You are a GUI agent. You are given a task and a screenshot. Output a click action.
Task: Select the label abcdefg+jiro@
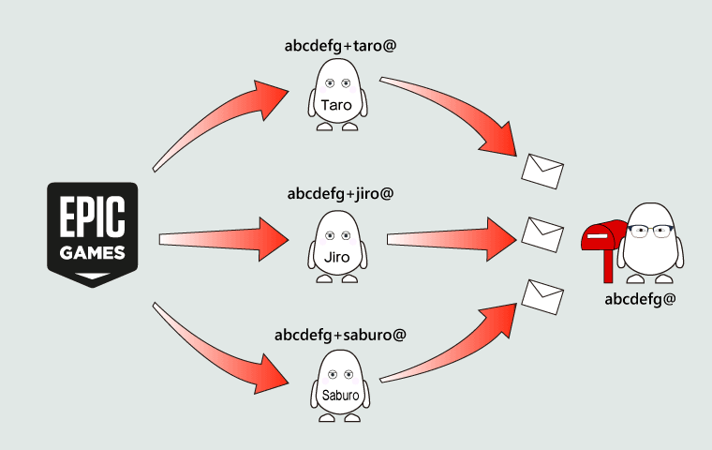pos(340,194)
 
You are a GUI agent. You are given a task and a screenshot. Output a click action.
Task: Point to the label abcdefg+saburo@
pos(340,335)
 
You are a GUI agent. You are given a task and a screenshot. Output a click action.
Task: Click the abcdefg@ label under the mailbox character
pos(641,299)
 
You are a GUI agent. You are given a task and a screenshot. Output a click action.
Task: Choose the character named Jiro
pos(336,246)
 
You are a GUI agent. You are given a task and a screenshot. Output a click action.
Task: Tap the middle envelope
pos(541,232)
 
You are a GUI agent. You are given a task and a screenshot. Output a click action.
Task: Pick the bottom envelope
pos(541,295)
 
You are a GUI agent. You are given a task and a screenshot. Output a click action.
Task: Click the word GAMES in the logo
pos(92,253)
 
